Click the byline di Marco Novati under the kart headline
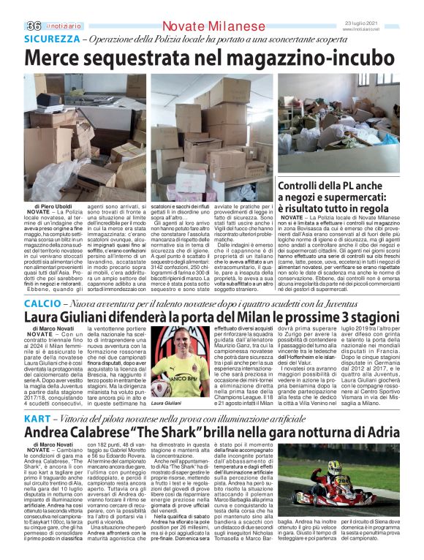(50, 444)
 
